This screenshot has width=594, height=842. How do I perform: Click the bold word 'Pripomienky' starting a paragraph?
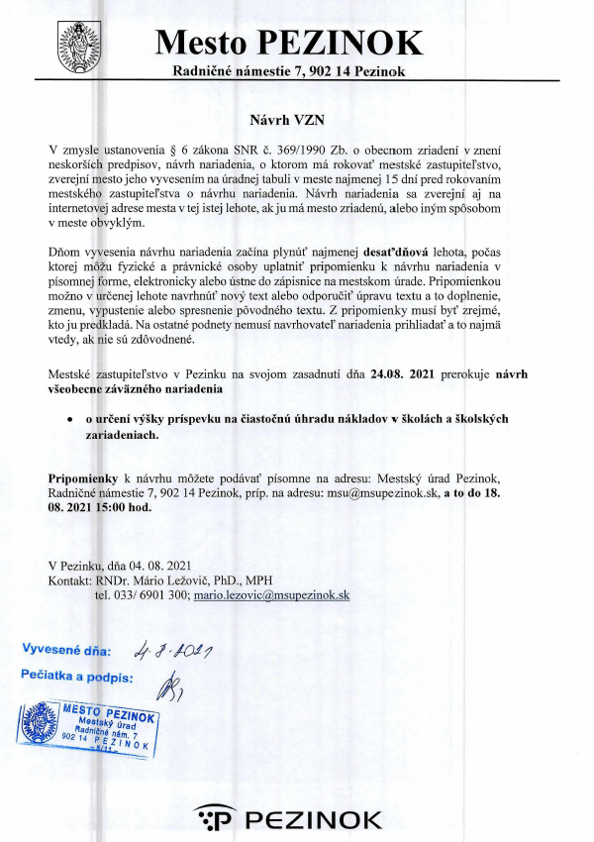point(83,477)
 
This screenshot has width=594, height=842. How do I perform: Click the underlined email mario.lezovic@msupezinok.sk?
point(270,595)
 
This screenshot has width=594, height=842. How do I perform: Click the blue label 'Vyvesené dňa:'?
point(67,652)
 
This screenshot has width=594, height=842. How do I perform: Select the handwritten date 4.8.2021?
point(181,650)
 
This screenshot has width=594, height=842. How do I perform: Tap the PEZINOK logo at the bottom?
point(288,819)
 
